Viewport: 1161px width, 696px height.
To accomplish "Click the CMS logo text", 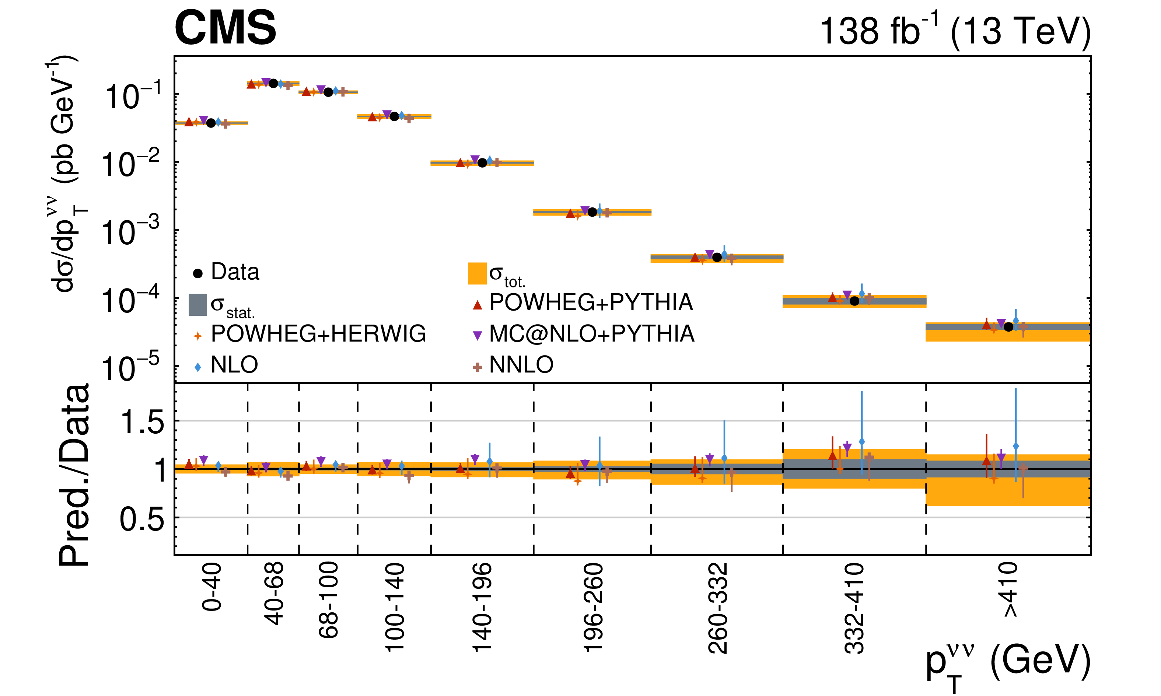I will (x=225, y=28).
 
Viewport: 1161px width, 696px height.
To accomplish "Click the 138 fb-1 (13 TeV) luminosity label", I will (x=954, y=31).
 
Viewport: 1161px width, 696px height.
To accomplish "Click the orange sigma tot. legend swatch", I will (x=477, y=273).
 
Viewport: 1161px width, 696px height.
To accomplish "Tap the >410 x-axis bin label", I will (x=1010, y=590).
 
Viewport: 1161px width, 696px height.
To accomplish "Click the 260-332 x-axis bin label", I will (x=717, y=608).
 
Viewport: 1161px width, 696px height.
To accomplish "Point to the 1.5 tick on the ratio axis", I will (x=143, y=422).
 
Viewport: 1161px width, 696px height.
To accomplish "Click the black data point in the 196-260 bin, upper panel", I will (x=592, y=212).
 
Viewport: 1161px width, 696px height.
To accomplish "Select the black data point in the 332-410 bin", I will (x=854, y=301).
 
